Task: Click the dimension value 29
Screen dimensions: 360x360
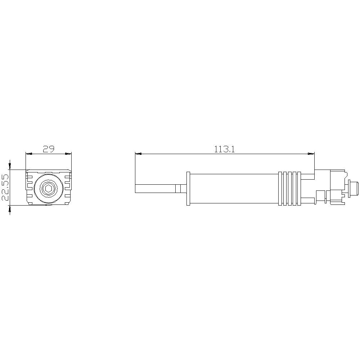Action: tap(48, 149)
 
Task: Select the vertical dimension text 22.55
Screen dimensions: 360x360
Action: tap(5, 188)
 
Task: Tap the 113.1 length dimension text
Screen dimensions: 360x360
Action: tap(224, 149)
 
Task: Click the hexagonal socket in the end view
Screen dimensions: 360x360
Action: tap(48, 188)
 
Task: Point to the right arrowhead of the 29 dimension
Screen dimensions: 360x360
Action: tap(68, 154)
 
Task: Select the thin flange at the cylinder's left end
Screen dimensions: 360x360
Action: tap(188, 189)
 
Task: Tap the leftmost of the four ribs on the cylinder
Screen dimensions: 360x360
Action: tap(280, 189)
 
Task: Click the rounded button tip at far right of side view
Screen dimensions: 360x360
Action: tap(355, 189)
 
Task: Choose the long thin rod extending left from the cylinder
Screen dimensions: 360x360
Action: tap(155, 189)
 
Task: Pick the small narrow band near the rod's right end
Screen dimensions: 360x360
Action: tap(177, 189)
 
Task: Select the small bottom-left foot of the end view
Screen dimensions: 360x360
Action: tap(30, 204)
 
